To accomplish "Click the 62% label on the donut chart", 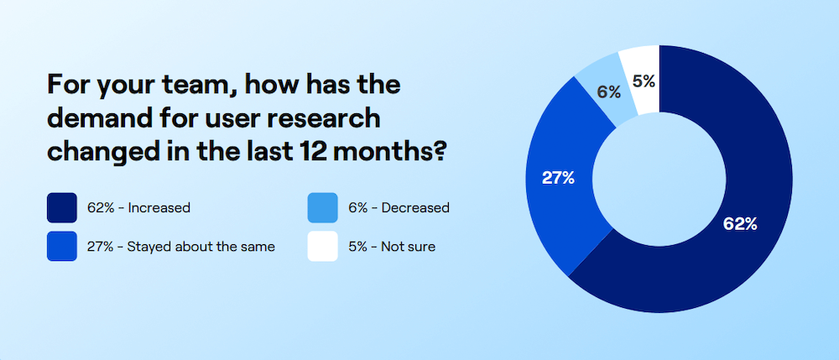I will click(x=740, y=224).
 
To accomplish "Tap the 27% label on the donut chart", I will click(x=557, y=177).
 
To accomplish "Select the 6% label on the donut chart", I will click(x=608, y=92).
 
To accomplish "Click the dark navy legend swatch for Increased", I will click(x=63, y=207).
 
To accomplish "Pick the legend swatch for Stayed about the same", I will click(x=63, y=247).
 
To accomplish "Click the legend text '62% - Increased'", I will click(x=138, y=207).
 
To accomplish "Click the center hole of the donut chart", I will click(x=659, y=179).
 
